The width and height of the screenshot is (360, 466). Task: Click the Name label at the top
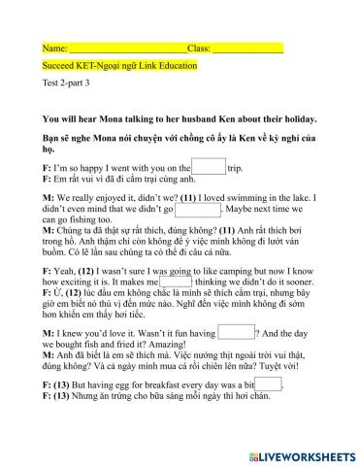point(54,48)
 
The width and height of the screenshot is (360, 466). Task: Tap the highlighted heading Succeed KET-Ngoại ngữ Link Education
point(119,66)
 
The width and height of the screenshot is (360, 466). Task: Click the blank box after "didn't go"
point(198,209)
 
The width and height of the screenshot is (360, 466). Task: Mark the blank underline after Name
point(126,49)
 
